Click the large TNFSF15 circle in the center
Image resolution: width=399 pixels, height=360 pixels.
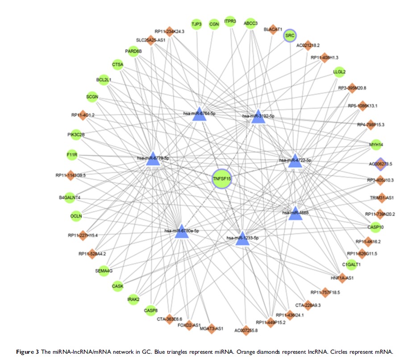point(222,178)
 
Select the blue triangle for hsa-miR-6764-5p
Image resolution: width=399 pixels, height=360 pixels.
point(199,115)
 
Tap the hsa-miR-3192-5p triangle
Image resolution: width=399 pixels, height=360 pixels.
point(258,117)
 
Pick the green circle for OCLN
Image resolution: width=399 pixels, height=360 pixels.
point(76,216)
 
